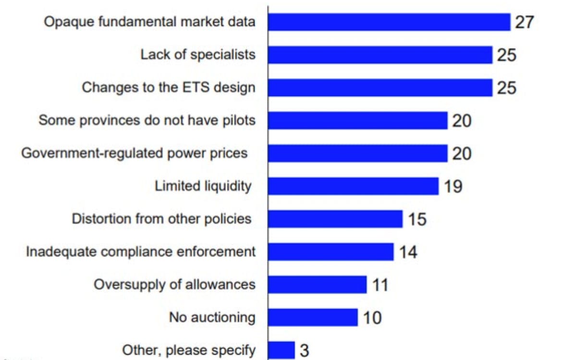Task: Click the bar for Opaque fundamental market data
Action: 389,22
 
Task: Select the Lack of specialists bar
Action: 380,55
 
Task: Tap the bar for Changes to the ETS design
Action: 380,88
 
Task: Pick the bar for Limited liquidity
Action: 353,186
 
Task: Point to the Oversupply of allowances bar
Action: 317,285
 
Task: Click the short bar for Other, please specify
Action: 281,350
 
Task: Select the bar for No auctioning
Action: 313,317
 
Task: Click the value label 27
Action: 525,22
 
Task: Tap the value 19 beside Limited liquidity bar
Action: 453,186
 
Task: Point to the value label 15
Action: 417,219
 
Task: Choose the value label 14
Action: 408,252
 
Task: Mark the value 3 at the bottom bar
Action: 305,350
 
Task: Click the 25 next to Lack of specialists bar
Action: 506,55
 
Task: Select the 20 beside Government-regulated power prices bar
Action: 462,154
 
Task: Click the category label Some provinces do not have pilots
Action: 147,120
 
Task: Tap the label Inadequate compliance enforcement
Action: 141,252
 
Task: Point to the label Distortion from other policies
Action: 161,219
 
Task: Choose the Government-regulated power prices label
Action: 135,153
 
